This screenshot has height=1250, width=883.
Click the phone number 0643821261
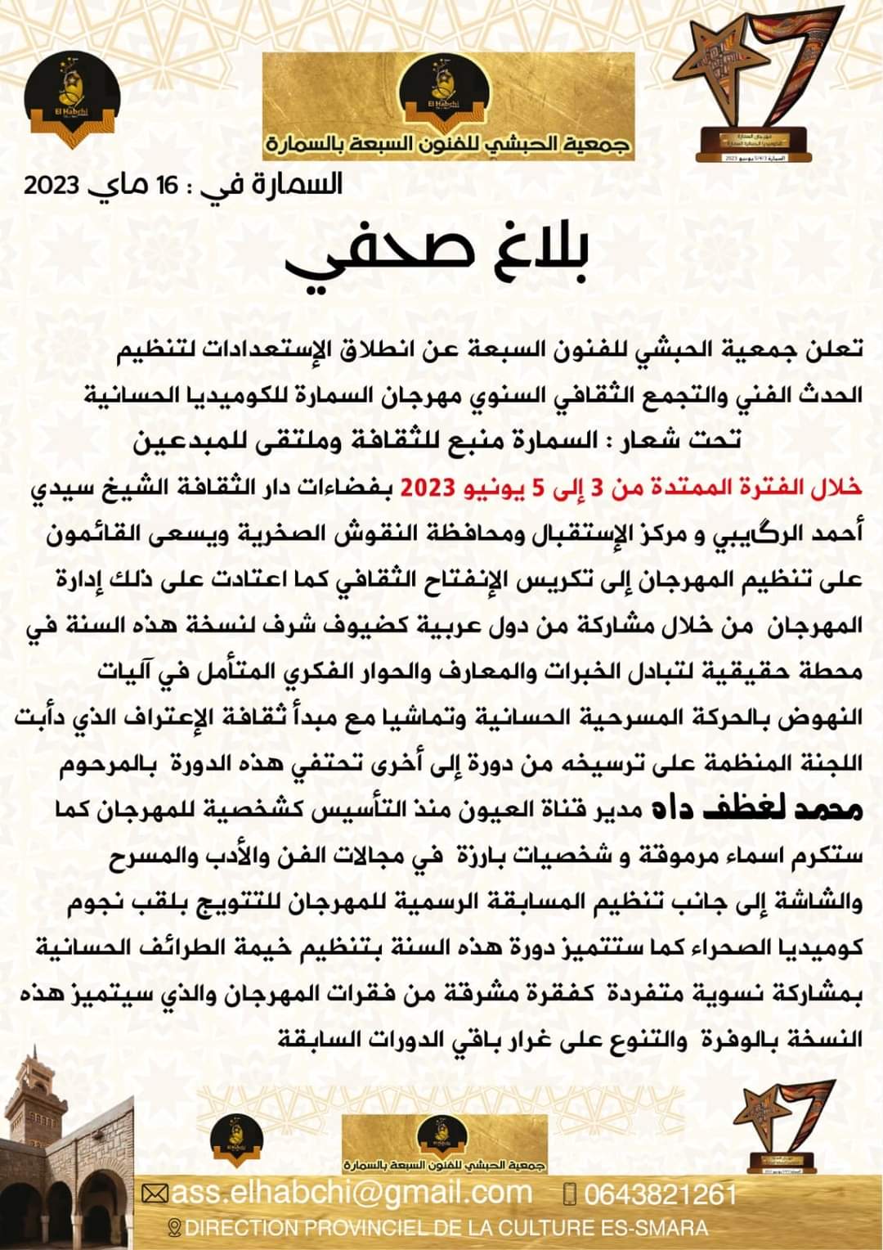[661, 1194]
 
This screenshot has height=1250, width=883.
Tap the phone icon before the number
[570, 1194]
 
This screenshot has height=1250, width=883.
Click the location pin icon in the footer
[173, 1228]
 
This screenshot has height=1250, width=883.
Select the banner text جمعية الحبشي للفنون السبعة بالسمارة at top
[449, 146]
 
